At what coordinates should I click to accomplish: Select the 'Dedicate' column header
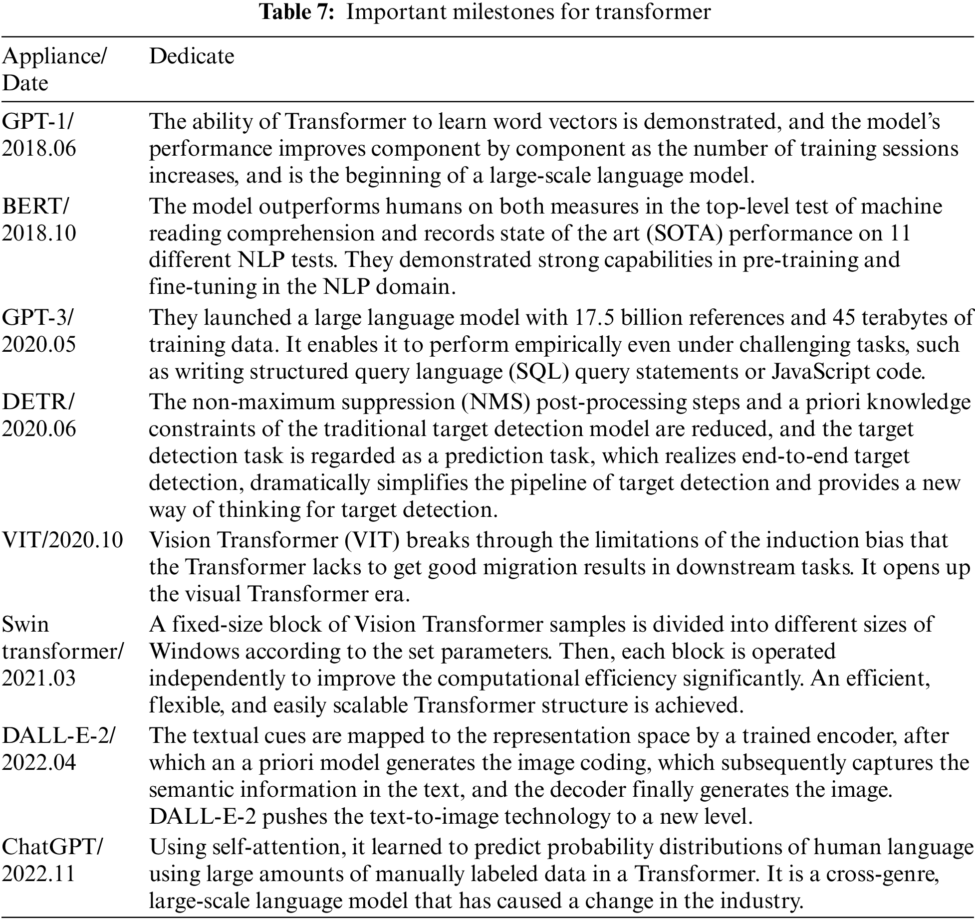click(192, 56)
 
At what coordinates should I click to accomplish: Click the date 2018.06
click(39, 149)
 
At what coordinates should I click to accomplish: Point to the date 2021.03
click(39, 678)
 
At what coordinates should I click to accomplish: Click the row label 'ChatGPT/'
click(52, 847)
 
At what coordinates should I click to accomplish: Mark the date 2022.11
click(38, 874)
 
